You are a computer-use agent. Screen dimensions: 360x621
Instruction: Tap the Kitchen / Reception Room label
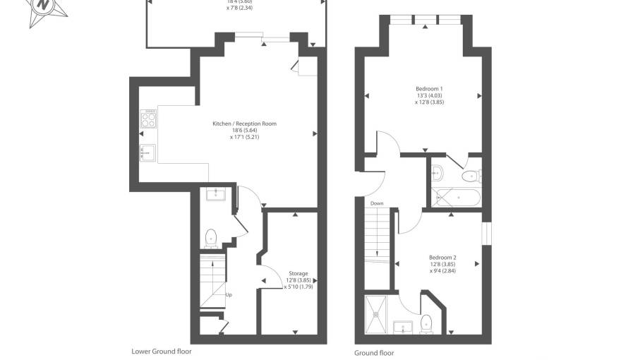[244, 124]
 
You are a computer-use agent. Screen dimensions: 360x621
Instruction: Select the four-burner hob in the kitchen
[148, 119]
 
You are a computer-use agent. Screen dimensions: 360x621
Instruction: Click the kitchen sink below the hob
[147, 150]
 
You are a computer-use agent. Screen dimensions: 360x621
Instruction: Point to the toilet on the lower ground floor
[210, 238]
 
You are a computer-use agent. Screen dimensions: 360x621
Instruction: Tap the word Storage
[298, 273]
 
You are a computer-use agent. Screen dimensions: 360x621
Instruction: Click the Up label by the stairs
[229, 294]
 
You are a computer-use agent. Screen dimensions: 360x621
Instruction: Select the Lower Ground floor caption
[161, 351]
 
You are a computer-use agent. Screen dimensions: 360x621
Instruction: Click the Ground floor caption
[374, 353]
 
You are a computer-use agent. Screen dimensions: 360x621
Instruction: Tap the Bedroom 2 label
[442, 257]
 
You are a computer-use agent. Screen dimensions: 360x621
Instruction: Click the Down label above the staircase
[377, 203]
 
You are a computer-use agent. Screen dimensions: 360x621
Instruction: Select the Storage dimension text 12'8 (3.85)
[298, 280]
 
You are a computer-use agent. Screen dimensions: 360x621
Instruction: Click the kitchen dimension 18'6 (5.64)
[244, 131]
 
